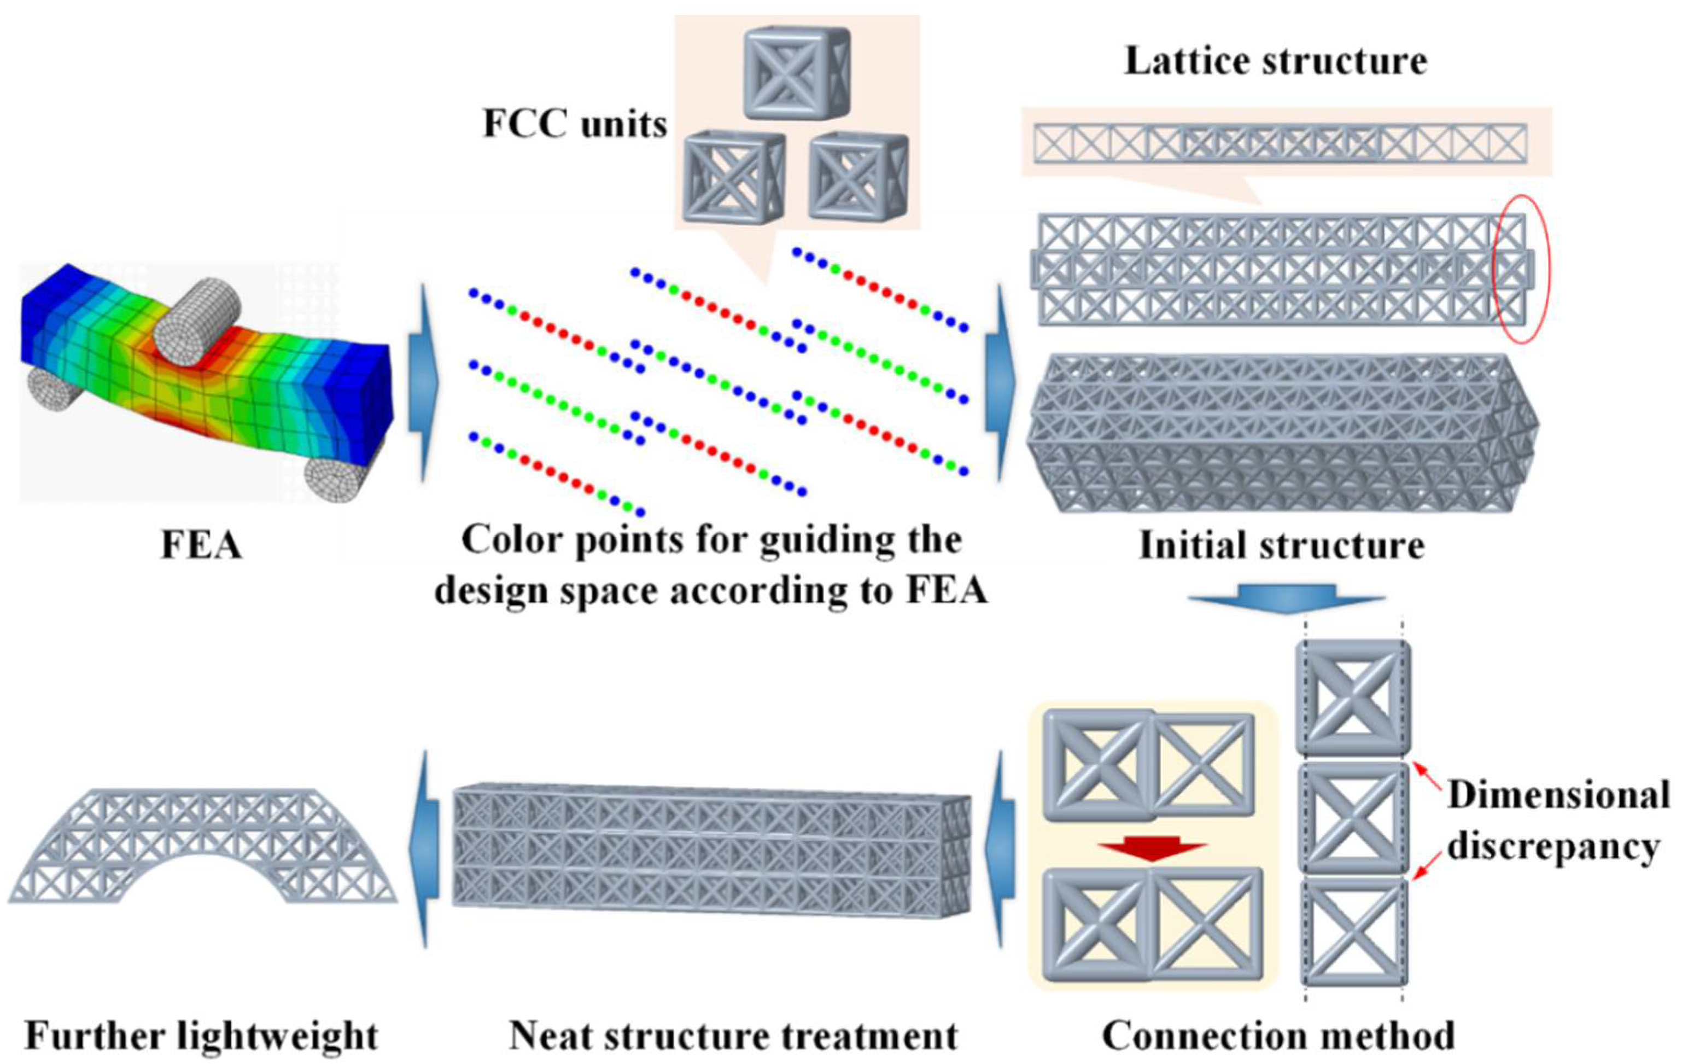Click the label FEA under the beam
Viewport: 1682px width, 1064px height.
[202, 545]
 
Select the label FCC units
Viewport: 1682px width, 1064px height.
[575, 124]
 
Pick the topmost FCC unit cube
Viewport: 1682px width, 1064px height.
[796, 73]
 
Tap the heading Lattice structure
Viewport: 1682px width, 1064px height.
[1276, 61]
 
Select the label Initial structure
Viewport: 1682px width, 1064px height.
[1281, 545]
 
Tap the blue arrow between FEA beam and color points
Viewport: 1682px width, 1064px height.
[422, 383]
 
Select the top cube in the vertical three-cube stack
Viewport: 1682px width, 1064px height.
[1353, 696]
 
